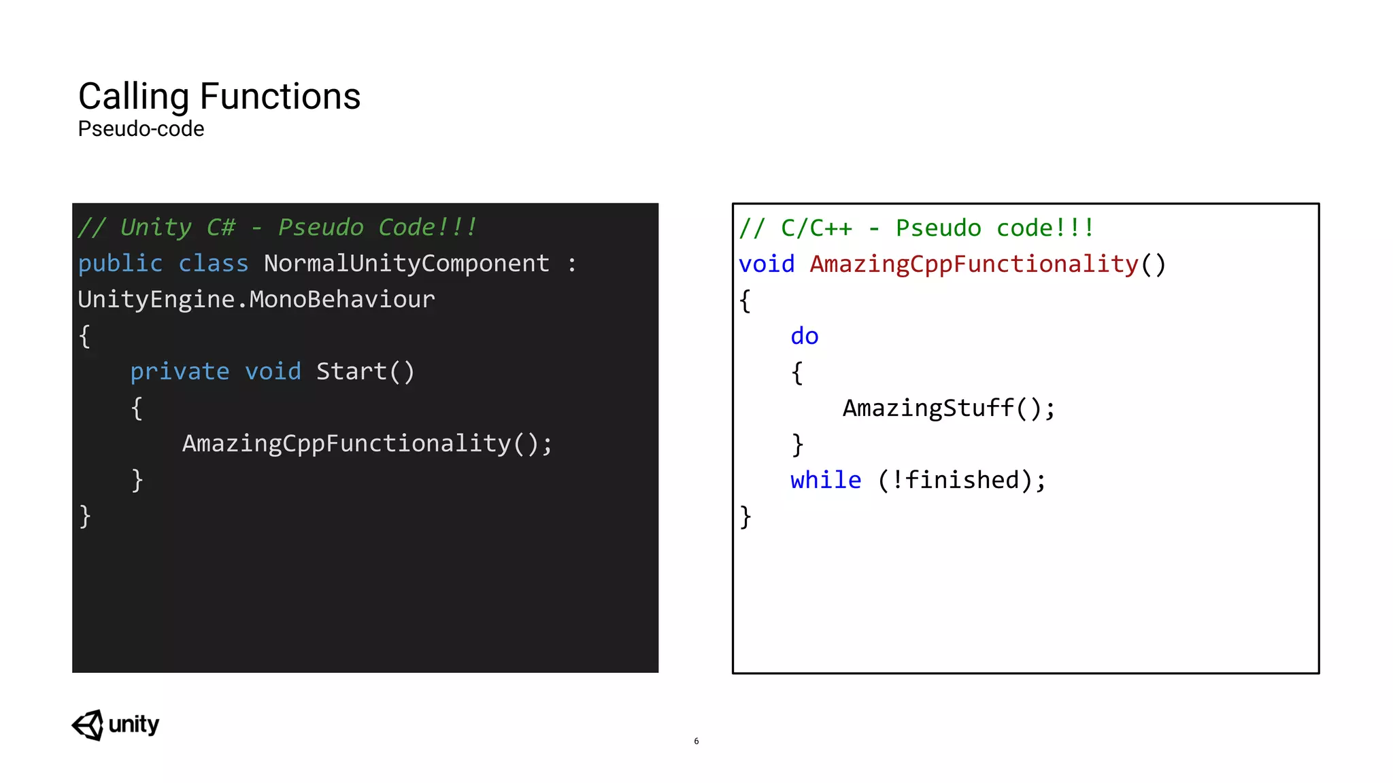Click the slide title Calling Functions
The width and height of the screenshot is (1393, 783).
tap(219, 97)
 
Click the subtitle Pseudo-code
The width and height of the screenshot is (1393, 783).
tap(141, 129)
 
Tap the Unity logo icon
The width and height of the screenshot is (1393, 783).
tap(88, 725)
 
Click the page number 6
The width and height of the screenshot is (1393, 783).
tap(696, 741)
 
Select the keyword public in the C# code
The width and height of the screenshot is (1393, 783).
tap(120, 264)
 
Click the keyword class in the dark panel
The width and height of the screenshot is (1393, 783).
tap(214, 264)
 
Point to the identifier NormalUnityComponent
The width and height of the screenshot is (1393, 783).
tap(406, 264)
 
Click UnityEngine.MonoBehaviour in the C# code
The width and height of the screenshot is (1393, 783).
tap(256, 300)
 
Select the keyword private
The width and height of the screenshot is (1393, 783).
tap(180, 372)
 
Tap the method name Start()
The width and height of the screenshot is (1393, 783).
tap(365, 372)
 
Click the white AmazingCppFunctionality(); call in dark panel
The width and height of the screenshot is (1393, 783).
tap(367, 444)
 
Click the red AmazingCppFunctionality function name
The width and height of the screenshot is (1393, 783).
tap(974, 264)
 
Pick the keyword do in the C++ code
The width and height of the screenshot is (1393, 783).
tap(805, 336)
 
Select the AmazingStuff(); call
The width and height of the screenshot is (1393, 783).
tap(949, 408)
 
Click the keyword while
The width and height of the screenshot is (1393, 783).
tap(826, 481)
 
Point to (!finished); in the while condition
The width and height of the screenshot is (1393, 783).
tap(962, 481)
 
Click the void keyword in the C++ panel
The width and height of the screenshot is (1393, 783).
tap(767, 264)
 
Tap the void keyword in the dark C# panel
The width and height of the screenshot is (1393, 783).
tap(273, 372)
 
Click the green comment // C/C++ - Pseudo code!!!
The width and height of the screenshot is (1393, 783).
tap(917, 228)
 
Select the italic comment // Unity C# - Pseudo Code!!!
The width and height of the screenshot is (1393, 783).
tap(278, 228)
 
